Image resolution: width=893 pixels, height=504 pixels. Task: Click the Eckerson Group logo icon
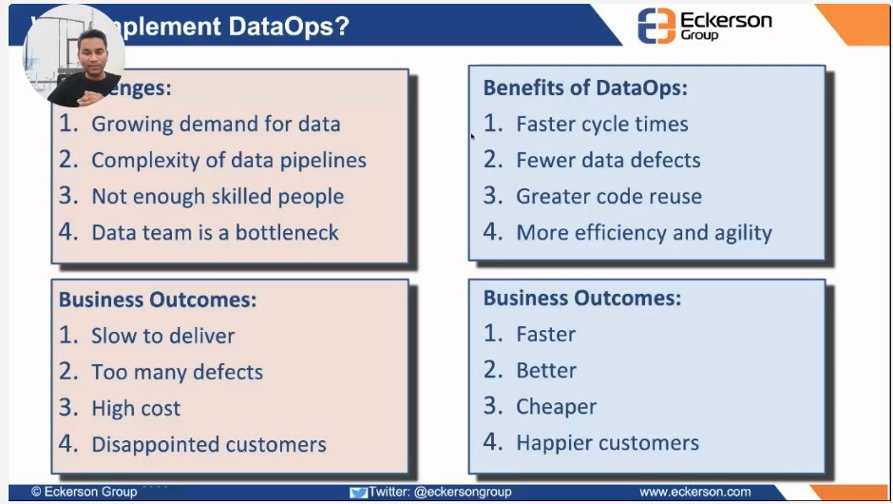pos(657,25)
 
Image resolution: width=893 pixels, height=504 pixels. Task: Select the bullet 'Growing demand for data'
pos(215,125)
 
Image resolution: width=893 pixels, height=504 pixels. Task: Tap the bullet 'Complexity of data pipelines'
pos(228,161)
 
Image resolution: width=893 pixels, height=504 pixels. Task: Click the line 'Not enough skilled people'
pos(217,197)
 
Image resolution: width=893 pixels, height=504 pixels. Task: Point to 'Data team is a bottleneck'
pos(214,233)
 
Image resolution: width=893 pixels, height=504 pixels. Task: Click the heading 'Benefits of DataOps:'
pos(585,88)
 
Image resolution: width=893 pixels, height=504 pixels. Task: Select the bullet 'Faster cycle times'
pos(601,125)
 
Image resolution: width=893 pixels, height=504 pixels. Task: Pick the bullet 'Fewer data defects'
pos(608,161)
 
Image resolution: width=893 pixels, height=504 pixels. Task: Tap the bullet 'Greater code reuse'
pos(608,197)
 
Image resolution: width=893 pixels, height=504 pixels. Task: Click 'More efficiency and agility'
pos(643,233)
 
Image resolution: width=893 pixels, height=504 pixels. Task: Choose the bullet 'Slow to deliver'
pos(162,336)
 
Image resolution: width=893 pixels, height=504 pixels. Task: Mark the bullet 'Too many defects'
pos(177,372)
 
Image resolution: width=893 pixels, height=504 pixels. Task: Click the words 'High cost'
pos(136,408)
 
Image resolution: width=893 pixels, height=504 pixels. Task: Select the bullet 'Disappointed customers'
pos(208,444)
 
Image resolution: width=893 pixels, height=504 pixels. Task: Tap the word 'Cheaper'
pos(556,407)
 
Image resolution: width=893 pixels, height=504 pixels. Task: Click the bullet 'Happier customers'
pos(607,443)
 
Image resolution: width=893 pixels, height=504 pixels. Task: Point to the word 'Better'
pos(546,371)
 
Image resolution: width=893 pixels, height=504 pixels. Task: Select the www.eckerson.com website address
pos(694,492)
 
